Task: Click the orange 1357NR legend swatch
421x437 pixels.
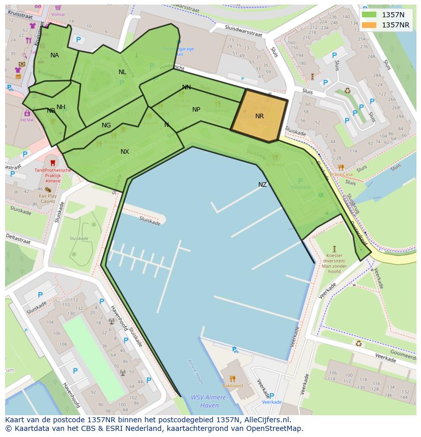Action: click(x=369, y=25)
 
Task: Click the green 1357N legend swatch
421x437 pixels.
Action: click(x=369, y=15)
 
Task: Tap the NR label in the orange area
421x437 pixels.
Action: click(x=259, y=116)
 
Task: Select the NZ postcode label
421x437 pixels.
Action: click(x=262, y=185)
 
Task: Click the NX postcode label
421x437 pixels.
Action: click(x=125, y=152)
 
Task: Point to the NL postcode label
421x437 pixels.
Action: click(x=122, y=72)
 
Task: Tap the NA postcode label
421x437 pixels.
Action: click(x=54, y=55)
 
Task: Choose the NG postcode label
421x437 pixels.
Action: click(x=106, y=125)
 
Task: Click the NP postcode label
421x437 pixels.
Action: click(x=196, y=110)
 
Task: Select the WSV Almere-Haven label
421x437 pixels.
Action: click(x=205, y=401)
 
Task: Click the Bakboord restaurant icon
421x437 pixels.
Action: click(x=232, y=378)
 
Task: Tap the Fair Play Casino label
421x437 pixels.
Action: click(x=48, y=198)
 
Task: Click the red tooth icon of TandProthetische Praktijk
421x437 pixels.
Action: click(x=51, y=162)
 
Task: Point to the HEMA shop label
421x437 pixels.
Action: click(x=26, y=120)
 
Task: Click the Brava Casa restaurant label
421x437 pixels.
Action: click(x=341, y=175)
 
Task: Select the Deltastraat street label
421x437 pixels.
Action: click(x=18, y=239)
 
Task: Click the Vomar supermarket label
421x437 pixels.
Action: click(x=58, y=14)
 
